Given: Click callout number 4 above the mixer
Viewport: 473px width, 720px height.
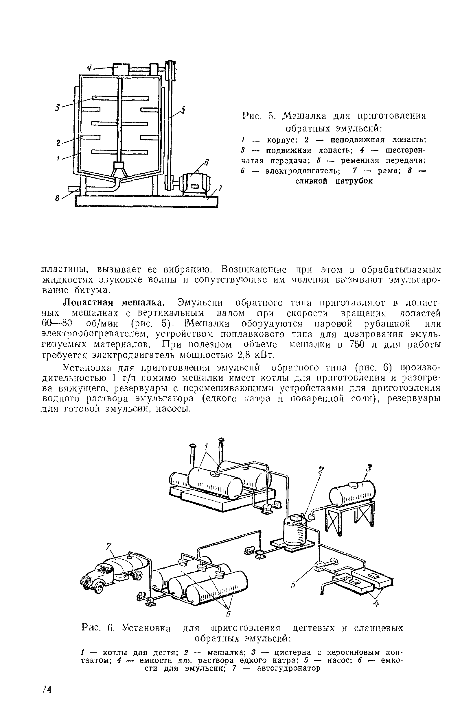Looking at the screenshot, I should click(90, 68).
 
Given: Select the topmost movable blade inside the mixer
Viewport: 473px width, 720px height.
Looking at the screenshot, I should click(120, 98).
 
